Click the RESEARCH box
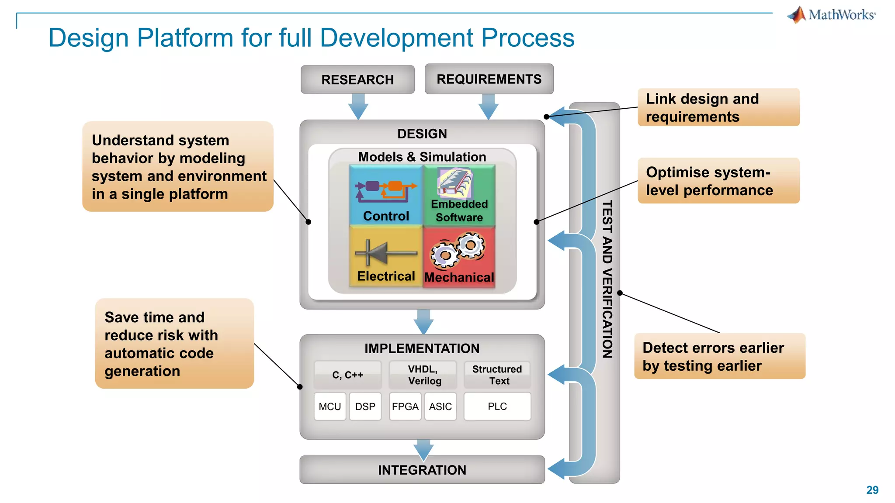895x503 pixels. coord(357,79)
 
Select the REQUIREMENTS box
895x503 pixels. coord(489,79)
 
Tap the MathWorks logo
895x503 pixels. coord(832,15)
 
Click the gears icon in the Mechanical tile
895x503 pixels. coord(458,250)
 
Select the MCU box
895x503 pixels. coord(330,407)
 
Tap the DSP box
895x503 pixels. coord(365,407)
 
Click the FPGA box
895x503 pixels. coord(405,407)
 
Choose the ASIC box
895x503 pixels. coord(440,407)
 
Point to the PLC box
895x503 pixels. coord(497,407)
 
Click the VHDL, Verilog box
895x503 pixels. coord(423,375)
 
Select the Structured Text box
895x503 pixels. coord(497,375)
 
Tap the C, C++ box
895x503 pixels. coord(347,375)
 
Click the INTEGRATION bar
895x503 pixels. coord(422,470)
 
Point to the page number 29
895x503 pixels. coord(872,490)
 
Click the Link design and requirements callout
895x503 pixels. coord(718,107)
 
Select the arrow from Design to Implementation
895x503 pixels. coord(423,322)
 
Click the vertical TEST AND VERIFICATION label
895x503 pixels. coord(607,279)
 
